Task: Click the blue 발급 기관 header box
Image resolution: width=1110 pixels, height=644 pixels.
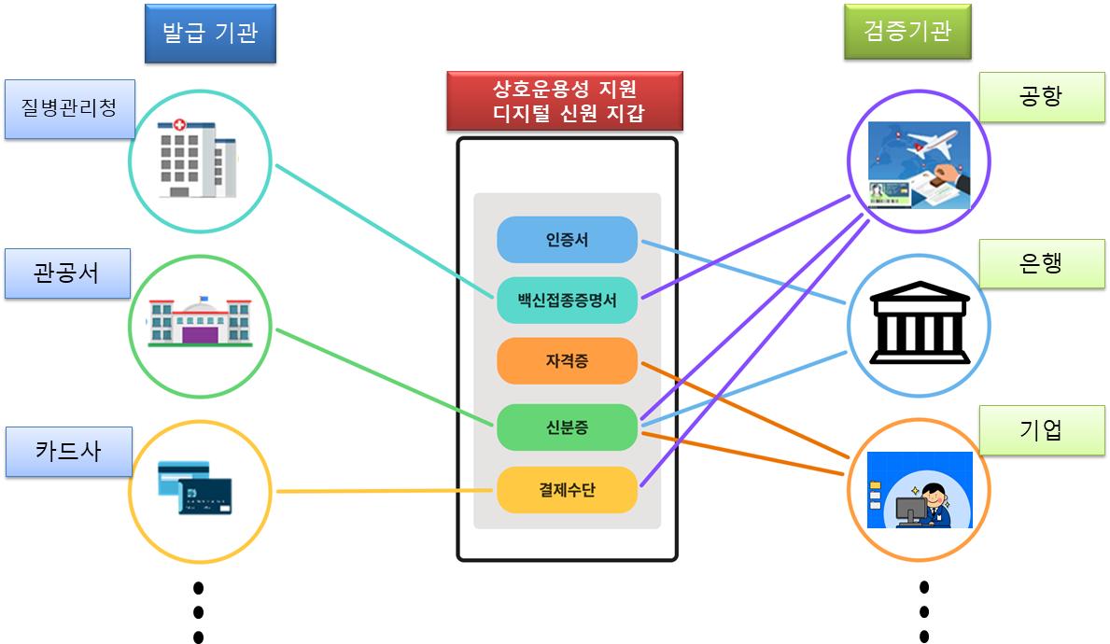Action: click(x=210, y=34)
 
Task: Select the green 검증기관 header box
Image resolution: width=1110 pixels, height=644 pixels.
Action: click(x=907, y=31)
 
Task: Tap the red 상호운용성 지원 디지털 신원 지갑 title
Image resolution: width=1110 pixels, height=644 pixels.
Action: click(x=565, y=101)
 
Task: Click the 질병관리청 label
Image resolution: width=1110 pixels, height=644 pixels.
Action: click(x=69, y=108)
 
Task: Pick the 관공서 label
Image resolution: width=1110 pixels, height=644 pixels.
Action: click(x=67, y=273)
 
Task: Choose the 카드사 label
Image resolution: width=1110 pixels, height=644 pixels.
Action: click(x=69, y=452)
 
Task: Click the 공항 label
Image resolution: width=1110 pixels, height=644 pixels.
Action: click(x=1042, y=97)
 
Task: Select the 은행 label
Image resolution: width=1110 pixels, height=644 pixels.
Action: click(x=1042, y=264)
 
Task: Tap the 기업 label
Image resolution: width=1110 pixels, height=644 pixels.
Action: click(x=1042, y=430)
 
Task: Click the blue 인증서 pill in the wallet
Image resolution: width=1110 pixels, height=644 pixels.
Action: click(x=567, y=240)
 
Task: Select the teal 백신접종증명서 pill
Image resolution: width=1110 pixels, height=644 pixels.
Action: click(x=567, y=300)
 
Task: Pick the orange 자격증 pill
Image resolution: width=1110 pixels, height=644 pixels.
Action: click(x=567, y=361)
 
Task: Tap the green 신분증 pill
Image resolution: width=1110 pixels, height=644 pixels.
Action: click(x=567, y=427)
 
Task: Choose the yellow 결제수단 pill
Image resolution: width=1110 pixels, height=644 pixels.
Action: click(x=567, y=490)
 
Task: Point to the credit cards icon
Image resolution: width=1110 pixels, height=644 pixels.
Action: click(x=195, y=487)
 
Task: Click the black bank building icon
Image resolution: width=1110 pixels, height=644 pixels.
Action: click(x=920, y=323)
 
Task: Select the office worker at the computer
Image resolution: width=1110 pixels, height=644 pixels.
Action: click(x=929, y=505)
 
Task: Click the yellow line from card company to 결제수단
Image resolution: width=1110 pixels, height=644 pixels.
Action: click(x=385, y=490)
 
